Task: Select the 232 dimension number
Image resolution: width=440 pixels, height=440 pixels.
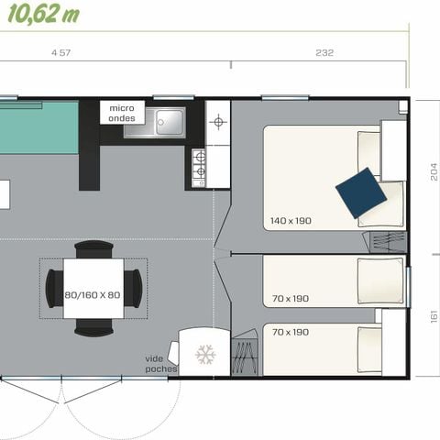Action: pyautogui.click(x=324, y=53)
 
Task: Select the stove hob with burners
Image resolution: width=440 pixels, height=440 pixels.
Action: pyautogui.click(x=198, y=168)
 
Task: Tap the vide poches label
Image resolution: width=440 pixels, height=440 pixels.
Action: pyautogui.click(x=160, y=363)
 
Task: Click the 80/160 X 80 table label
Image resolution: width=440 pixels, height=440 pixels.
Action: pyautogui.click(x=93, y=295)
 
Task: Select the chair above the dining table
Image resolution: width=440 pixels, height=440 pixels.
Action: pyautogui.click(x=93, y=248)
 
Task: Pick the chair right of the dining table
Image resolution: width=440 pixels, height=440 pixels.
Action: pyautogui.click(x=134, y=289)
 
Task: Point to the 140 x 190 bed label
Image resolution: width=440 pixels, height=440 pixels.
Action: pyautogui.click(x=290, y=221)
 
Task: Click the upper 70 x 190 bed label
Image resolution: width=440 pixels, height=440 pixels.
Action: pyautogui.click(x=290, y=298)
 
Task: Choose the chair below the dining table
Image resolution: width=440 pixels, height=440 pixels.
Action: pyautogui.click(x=93, y=327)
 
